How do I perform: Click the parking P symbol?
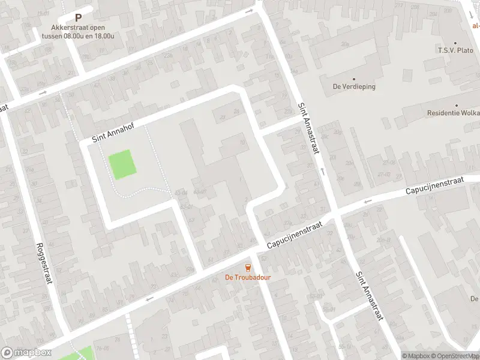pyautogui.click(x=78, y=18)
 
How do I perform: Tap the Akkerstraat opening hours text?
pyautogui.click(x=78, y=31)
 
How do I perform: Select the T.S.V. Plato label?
pyautogui.click(x=456, y=51)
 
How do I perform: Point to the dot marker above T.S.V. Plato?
pyautogui.click(x=455, y=43)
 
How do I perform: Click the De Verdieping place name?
pyautogui.click(x=354, y=86)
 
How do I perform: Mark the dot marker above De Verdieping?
pyautogui.click(x=353, y=79)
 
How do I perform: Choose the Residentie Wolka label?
pyautogui.click(x=453, y=113)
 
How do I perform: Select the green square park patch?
pyautogui.click(x=122, y=164)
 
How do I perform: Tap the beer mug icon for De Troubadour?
pyautogui.click(x=247, y=267)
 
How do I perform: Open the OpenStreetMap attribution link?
pyautogui.click(x=454, y=356)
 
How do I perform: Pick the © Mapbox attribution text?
pyautogui.click(x=415, y=356)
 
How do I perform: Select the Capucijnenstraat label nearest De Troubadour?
pyautogui.click(x=295, y=235)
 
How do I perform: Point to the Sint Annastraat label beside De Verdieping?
pyautogui.click(x=308, y=128)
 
